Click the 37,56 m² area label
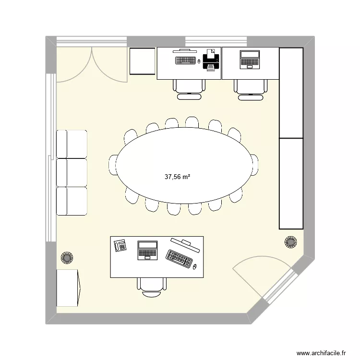(178, 177)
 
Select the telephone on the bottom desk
(120, 245)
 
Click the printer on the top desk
(211, 60)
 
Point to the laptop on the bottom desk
(147, 250)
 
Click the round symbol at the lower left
(66, 258)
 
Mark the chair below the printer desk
(189, 88)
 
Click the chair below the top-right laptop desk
(250, 88)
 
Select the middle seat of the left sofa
(72, 172)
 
